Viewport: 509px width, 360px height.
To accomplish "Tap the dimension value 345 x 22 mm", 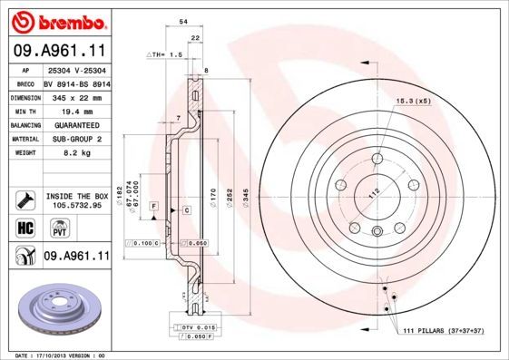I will coord(75,94).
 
